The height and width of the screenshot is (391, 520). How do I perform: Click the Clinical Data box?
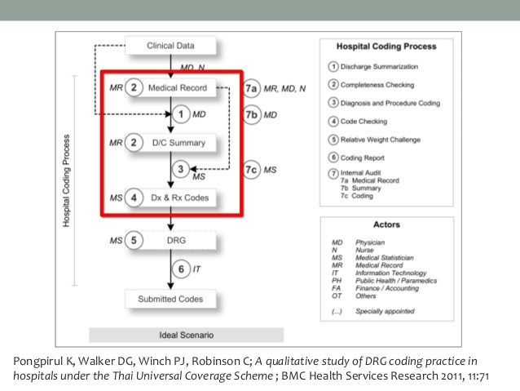tap(170, 45)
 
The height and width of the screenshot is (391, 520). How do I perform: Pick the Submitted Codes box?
tap(170, 299)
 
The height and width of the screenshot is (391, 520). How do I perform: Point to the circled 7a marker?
tap(252, 87)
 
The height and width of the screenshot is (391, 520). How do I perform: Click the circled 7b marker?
tap(252, 115)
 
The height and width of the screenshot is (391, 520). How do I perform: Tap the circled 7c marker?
tap(252, 169)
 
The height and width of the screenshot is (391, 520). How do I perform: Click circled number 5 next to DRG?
tap(134, 241)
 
